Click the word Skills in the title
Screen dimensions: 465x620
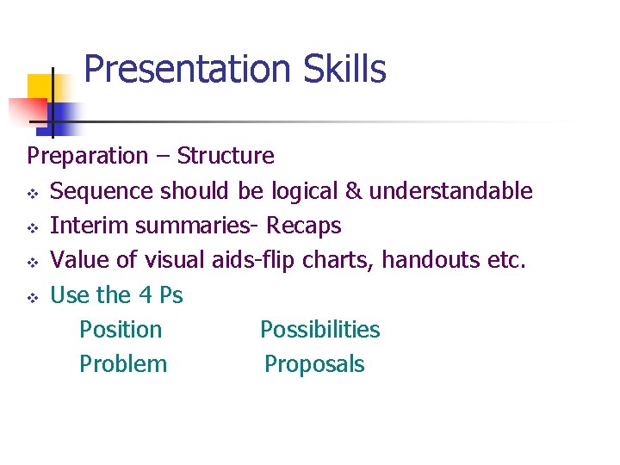(x=344, y=70)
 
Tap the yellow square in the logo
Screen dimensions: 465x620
(x=40, y=89)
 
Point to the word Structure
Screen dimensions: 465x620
(x=226, y=157)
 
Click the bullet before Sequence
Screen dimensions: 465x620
(x=33, y=191)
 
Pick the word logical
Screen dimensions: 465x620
(x=305, y=191)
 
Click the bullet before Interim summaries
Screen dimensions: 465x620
(x=33, y=226)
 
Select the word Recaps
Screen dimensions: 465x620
(x=303, y=226)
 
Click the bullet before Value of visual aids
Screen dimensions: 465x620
(x=33, y=261)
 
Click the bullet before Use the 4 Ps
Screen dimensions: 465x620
(x=33, y=296)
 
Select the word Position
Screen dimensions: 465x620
(x=121, y=330)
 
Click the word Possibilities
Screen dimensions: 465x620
(x=319, y=330)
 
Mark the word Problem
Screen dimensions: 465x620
(x=123, y=364)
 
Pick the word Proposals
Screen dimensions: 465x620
(x=314, y=364)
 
